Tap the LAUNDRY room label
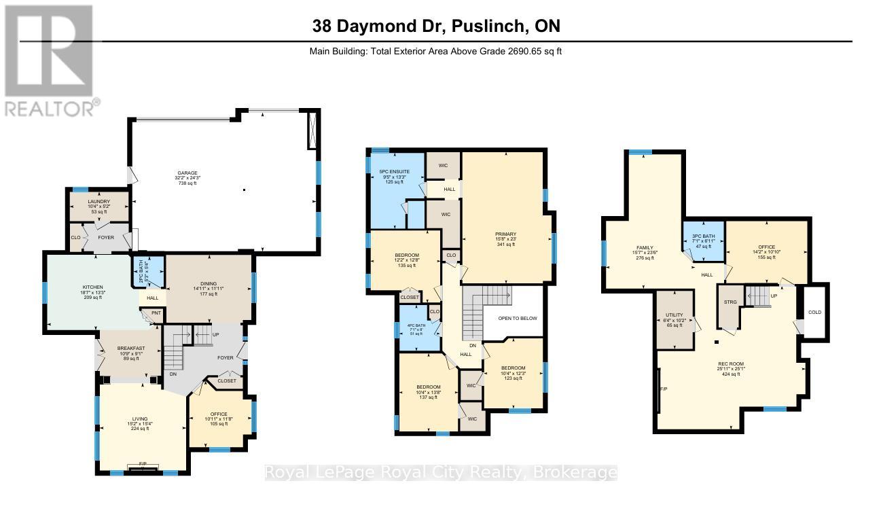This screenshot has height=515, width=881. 98,202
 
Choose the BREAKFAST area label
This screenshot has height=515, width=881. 130,349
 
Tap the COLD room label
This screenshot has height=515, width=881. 814,312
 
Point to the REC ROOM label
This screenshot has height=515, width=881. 731,364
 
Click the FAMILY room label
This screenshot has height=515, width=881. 645,249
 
